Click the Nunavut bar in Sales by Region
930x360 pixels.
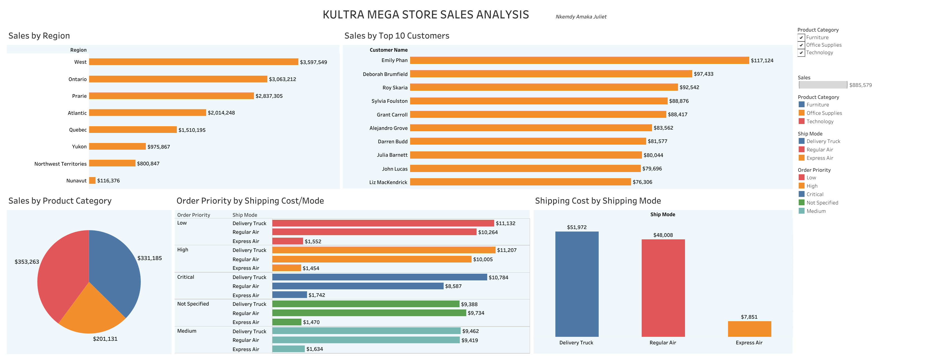point(92,180)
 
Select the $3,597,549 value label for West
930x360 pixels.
point(313,62)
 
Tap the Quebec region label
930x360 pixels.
point(78,130)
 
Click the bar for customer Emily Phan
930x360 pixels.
point(579,60)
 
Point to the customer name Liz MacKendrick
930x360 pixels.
point(388,182)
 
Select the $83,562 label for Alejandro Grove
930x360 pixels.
point(663,128)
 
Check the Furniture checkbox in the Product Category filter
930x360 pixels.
point(801,37)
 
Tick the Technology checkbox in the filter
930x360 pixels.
point(801,53)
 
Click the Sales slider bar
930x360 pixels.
point(823,85)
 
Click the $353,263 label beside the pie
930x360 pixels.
point(27,262)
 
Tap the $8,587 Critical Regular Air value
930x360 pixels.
point(453,286)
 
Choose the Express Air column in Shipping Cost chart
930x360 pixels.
point(749,329)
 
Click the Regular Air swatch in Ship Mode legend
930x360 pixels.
point(801,149)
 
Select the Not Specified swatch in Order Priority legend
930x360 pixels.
point(801,202)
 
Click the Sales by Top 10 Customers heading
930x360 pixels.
point(396,36)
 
